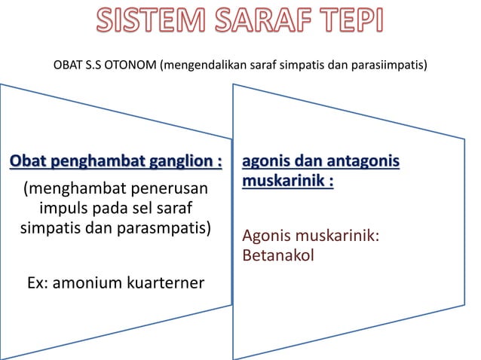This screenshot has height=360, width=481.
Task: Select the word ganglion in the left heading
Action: pos(179,163)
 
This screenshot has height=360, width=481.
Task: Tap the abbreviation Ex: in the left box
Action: pos(39,282)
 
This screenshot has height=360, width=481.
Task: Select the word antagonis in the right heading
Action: pos(364,163)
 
